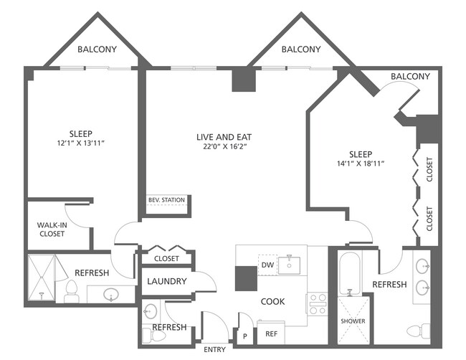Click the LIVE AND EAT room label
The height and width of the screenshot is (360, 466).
[224, 136]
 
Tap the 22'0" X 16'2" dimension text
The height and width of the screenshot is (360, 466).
[224, 147]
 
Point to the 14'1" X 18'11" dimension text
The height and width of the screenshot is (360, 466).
[361, 164]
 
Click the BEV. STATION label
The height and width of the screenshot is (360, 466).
[166, 200]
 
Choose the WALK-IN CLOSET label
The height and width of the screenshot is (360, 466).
[51, 229]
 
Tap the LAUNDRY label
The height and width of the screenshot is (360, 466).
[167, 282]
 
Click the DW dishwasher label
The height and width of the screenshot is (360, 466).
[267, 265]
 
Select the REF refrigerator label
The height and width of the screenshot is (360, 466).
[271, 333]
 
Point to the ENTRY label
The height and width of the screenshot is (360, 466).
[214, 349]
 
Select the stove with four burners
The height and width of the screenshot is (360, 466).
[317, 304]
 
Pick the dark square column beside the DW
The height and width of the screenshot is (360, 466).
[246, 278]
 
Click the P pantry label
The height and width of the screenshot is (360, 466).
[245, 335]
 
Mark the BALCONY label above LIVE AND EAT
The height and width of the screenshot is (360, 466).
[300, 49]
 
